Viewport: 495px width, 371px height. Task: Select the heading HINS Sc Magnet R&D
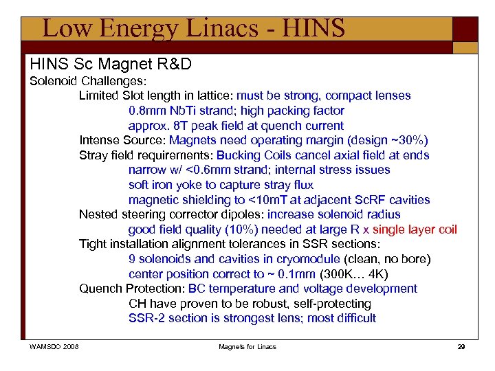click(x=111, y=65)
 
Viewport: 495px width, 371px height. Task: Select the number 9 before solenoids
click(x=132, y=259)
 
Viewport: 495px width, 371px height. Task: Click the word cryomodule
click(x=307, y=259)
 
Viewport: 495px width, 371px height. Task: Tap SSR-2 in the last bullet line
click(x=146, y=318)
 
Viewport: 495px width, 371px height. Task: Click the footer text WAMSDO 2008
click(x=54, y=346)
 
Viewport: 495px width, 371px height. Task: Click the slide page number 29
click(x=461, y=346)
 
